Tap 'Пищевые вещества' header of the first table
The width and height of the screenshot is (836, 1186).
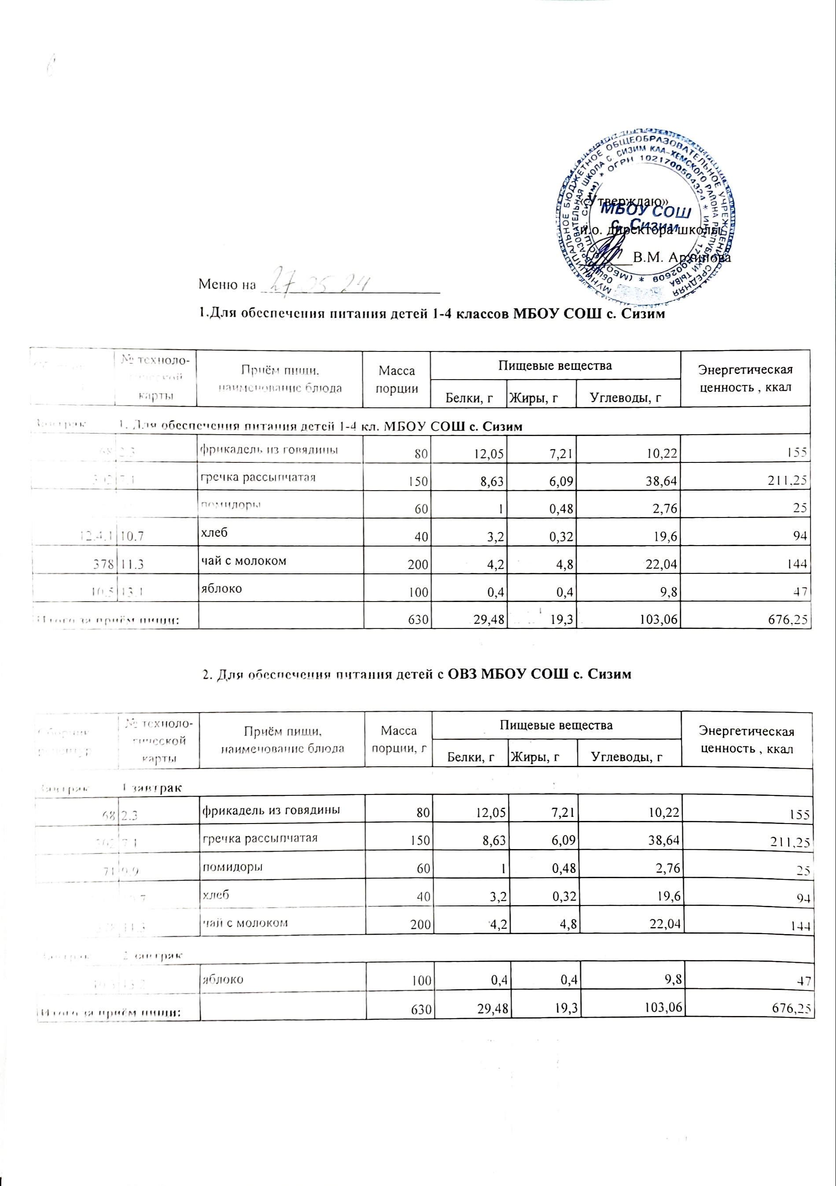[555, 366]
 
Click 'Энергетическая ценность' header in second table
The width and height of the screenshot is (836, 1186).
[746, 740]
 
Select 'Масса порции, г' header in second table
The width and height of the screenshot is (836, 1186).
[398, 738]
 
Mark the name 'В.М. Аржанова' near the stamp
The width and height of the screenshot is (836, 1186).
[681, 257]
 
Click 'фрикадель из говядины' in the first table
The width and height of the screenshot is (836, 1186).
[269, 449]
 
